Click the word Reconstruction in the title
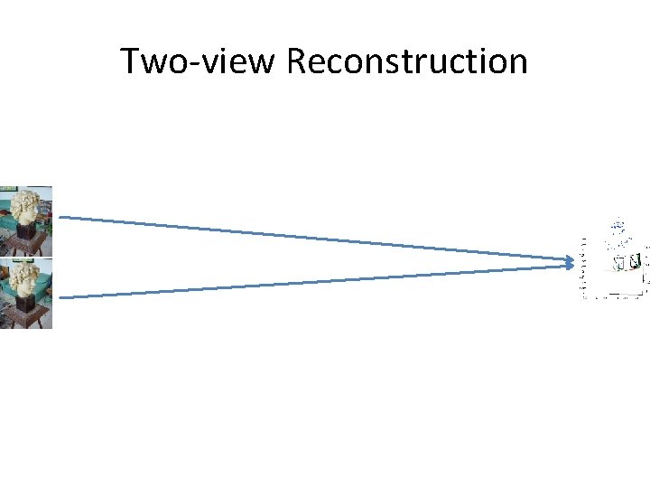[x=407, y=61]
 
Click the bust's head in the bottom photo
[x=28, y=277]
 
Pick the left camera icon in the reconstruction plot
[x=620, y=263]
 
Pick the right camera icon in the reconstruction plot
[x=635, y=262]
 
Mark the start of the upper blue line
[x=60, y=217]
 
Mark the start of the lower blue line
[x=60, y=297]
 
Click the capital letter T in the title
[x=130, y=61]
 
